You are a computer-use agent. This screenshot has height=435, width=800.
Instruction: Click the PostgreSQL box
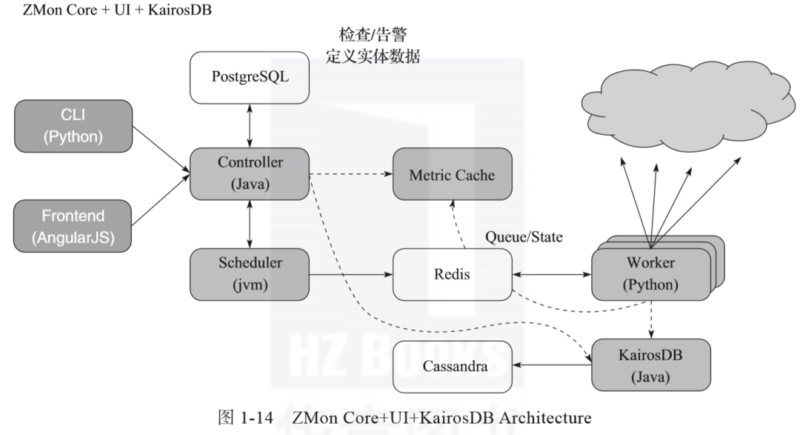point(249,76)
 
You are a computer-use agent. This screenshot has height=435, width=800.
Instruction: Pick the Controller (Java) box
point(250,173)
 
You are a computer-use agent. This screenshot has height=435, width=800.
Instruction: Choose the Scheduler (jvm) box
point(249,274)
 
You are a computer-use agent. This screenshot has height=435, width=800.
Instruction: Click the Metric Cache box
point(452,175)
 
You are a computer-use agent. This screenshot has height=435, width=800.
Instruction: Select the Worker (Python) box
point(649,274)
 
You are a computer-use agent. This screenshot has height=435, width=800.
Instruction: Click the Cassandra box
point(453,366)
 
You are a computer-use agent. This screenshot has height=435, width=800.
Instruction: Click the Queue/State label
point(524,238)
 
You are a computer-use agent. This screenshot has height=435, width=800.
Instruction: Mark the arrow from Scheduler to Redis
point(350,275)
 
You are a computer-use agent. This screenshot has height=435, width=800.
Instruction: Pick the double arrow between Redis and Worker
point(552,275)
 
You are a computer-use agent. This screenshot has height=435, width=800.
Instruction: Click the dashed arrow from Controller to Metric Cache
point(350,175)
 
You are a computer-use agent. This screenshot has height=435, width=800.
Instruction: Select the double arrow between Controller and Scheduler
point(250,224)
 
